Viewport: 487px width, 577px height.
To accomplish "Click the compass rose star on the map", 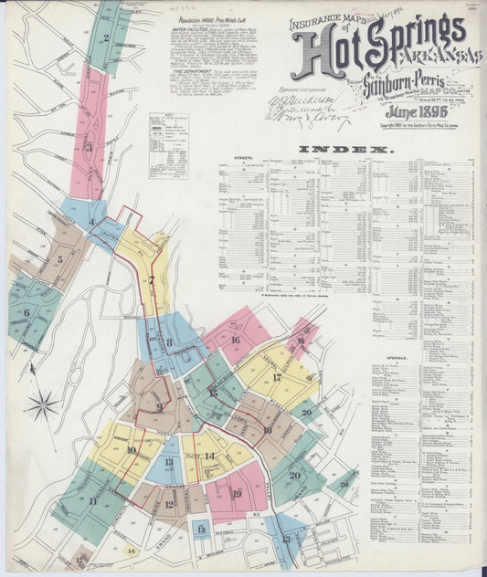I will pos(42,404).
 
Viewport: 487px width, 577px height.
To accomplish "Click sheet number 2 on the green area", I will pos(107,38).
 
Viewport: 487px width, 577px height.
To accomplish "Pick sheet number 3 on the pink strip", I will pos(90,147).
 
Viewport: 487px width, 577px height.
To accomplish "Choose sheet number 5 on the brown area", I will pos(59,259).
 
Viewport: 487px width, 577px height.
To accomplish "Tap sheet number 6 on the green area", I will pos(26,313).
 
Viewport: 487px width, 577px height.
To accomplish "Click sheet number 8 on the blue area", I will pos(169,342).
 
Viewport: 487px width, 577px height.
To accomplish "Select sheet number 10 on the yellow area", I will pos(132,450).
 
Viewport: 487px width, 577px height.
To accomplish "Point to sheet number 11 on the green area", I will pos(93,500).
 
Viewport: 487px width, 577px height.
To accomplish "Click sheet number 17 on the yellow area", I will pos(276,377).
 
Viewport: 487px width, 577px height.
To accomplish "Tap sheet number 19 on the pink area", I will pos(236,494).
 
